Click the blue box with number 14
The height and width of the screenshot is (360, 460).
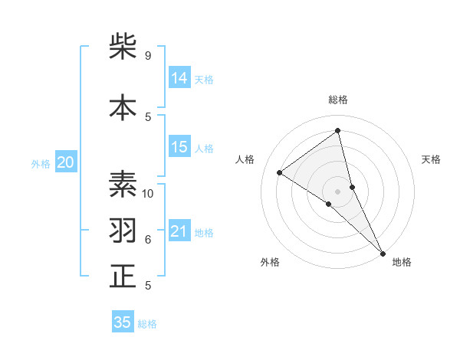179,77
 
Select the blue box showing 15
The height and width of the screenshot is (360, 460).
179,147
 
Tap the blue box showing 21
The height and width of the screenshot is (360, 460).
179,231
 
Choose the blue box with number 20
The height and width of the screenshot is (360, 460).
66,162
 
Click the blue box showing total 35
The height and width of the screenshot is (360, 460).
123,322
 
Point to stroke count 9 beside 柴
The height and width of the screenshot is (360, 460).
148,56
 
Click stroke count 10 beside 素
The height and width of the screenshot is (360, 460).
148,193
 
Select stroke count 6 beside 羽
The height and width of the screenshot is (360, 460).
148,240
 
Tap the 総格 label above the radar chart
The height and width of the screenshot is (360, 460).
338,100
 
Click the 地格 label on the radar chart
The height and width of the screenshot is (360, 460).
402,262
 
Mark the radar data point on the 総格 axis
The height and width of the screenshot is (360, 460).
338,130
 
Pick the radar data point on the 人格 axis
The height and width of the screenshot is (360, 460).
279,172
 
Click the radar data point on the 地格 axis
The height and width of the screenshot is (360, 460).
383,254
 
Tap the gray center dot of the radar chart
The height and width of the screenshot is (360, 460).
338,191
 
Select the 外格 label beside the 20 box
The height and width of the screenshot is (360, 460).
41,163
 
